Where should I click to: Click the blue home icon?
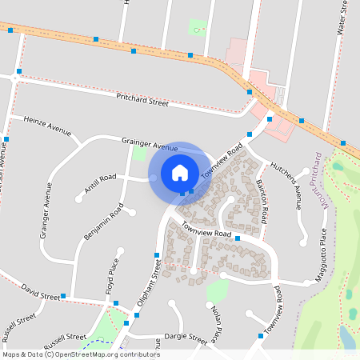[180, 172]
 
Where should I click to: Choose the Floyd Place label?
[112, 277]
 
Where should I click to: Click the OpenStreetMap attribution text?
[81, 354]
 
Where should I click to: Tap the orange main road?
[160, 53]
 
